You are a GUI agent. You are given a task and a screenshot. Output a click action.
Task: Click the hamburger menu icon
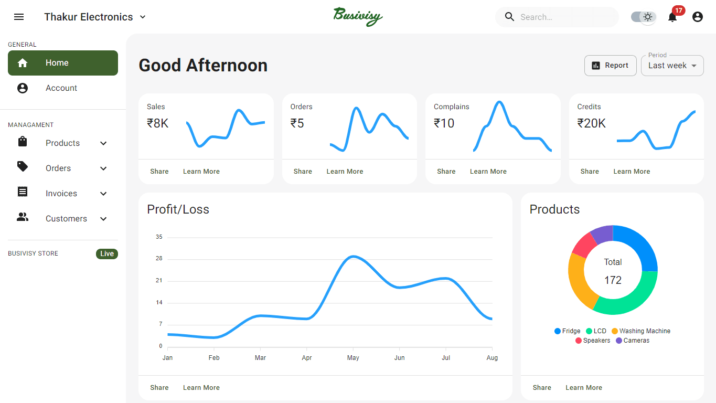point(19,17)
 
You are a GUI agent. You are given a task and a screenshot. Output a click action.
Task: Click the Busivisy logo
point(358,16)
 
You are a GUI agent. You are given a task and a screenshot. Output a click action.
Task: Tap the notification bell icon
point(672,17)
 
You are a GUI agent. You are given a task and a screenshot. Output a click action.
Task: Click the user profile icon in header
point(697,17)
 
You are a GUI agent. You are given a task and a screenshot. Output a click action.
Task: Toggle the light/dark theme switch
point(644,17)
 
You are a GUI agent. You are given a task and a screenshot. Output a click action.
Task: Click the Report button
point(610,66)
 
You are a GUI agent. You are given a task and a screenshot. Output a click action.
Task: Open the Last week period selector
point(672,66)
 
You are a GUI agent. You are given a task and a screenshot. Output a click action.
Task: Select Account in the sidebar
point(61,88)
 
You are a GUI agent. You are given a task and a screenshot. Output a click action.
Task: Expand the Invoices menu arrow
point(103,194)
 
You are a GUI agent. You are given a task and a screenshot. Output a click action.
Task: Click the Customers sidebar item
point(66,219)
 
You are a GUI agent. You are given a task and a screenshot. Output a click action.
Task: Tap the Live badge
point(107,254)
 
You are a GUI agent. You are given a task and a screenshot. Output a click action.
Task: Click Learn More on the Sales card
point(201,172)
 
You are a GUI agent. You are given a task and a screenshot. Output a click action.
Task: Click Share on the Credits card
point(590,172)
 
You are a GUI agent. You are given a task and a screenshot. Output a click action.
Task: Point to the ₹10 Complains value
point(444,123)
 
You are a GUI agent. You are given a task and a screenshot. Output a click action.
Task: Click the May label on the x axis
point(353,358)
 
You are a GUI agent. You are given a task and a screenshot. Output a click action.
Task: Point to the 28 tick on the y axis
point(159,259)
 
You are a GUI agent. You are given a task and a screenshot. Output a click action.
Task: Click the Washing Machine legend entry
point(641,331)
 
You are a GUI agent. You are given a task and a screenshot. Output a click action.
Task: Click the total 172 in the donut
point(613,280)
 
